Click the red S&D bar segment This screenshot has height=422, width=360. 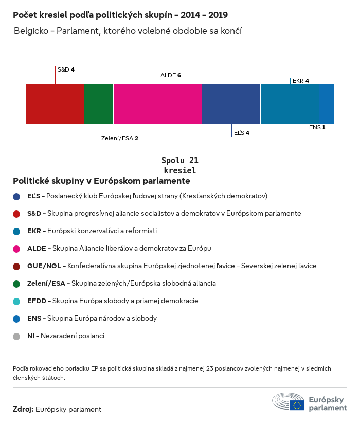tap(55, 104)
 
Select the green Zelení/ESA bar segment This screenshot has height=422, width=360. tap(99, 104)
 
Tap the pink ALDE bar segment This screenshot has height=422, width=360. tap(157, 104)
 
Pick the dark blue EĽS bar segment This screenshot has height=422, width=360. tap(231, 104)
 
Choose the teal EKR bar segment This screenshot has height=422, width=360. tap(290, 104)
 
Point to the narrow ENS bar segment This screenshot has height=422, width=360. tap(327, 104)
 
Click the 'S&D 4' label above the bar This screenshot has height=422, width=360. tap(66, 69)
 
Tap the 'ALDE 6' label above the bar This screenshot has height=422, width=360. tap(171, 75)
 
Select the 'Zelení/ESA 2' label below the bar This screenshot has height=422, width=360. tap(120, 138)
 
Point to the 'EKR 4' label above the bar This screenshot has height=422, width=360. tap(300, 81)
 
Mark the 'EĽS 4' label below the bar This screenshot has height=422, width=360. tap(241, 133)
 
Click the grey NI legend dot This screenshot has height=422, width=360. tap(16, 336)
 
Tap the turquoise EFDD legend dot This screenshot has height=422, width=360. tap(16, 301)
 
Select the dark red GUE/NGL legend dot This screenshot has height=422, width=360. tap(16, 266)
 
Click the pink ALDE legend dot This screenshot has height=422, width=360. tap(16, 249)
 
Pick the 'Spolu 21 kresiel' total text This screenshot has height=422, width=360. tap(179, 165)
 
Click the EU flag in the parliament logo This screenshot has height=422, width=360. tap(297, 405)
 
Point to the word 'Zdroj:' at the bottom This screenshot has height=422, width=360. tap(23, 409)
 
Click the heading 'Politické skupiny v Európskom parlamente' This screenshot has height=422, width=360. tap(101, 181)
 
